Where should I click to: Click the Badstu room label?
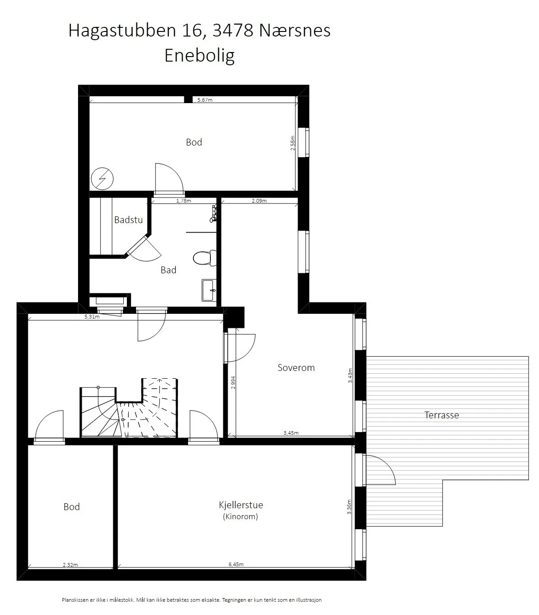tap(128, 220)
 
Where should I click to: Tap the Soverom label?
tap(296, 368)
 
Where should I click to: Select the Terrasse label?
tap(441, 415)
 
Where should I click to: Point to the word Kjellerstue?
tap(241, 505)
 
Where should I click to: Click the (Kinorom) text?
tap(240, 516)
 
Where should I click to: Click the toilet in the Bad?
tap(205, 258)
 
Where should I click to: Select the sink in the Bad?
tap(209, 290)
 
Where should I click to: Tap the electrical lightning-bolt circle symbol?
tap(102, 179)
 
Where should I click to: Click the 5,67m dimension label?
tap(205, 100)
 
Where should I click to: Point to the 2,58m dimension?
tap(293, 143)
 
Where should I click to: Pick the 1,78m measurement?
tap(184, 201)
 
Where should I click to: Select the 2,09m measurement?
tap(259, 201)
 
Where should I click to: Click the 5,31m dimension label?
tap(92, 317)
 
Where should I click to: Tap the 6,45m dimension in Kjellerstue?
tap(236, 564)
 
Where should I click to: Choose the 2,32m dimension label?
tap(70, 565)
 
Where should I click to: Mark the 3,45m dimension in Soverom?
tap(291, 433)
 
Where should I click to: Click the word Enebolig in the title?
tap(199, 56)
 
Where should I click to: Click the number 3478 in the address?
tap(233, 31)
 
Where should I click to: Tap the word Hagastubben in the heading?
tap(122, 31)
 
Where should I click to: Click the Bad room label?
tap(168, 270)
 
